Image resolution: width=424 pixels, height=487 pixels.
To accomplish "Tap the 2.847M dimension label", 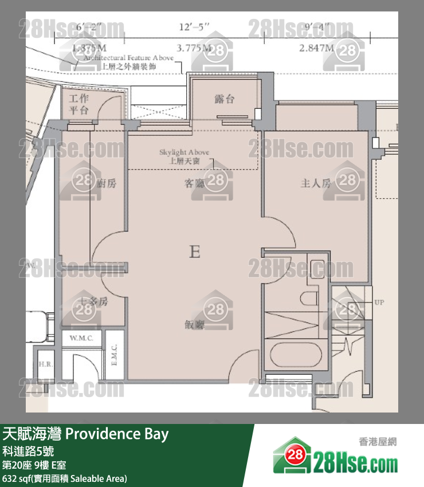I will [x=316, y=49].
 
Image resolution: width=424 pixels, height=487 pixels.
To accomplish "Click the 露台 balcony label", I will [x=224, y=99].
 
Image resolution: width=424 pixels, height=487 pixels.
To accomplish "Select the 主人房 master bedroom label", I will [x=316, y=183].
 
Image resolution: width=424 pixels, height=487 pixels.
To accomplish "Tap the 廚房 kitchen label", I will [x=107, y=183].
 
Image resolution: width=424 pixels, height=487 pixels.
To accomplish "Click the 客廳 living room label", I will [x=194, y=183].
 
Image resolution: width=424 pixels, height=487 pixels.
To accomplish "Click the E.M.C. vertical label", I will [x=115, y=355].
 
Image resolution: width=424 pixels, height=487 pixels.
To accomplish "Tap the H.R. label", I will [x=45, y=365].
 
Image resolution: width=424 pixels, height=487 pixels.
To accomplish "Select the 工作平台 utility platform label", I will [x=78, y=104].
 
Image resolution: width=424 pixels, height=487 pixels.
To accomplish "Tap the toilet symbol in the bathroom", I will [x=309, y=297].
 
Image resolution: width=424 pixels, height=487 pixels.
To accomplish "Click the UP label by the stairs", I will [x=379, y=302].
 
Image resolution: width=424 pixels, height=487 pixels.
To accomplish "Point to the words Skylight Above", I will [x=184, y=152].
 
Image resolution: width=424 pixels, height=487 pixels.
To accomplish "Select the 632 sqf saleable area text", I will [x=65, y=478].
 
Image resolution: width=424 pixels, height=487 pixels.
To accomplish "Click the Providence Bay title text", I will [x=117, y=434].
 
